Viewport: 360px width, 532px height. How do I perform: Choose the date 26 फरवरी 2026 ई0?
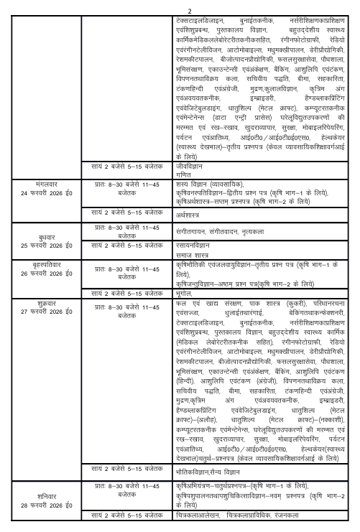click(x=49, y=275)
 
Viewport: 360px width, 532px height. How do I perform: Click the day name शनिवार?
click(x=49, y=493)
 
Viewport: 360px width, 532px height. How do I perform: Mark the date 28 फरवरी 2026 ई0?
click(x=49, y=502)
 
